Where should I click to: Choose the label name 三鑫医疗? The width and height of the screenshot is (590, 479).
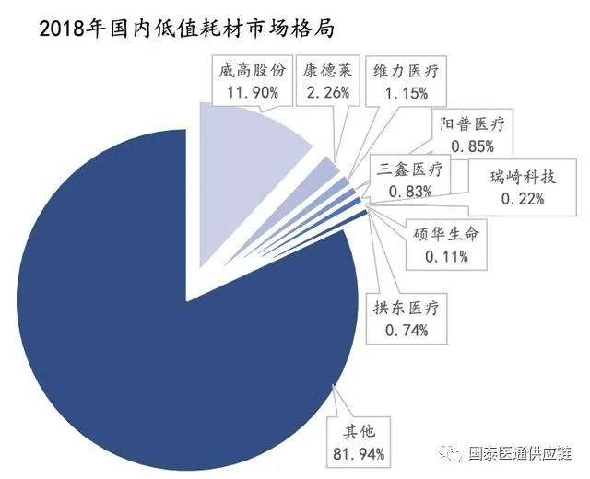tap(411, 169)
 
